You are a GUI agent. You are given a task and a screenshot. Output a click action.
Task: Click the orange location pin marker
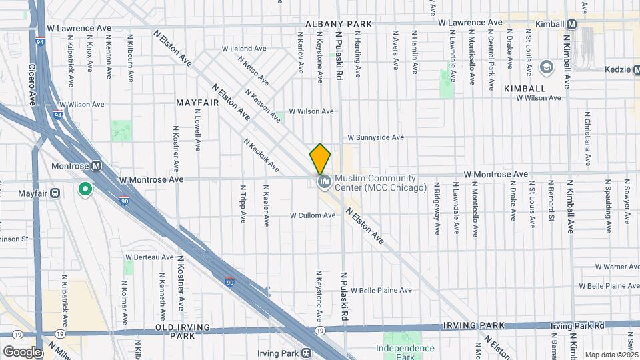point(320,159)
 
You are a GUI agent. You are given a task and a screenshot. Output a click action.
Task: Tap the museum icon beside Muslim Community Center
point(323,181)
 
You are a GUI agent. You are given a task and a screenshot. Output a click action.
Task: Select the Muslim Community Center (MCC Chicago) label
point(380,183)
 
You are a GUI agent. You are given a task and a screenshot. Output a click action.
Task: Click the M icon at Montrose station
point(96,165)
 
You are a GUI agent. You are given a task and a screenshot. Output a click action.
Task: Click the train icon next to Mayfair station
point(55,193)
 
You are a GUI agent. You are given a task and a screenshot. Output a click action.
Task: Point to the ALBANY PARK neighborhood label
point(338,24)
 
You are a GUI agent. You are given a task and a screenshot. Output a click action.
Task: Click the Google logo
point(22,351)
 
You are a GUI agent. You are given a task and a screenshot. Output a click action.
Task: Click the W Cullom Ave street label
point(312,215)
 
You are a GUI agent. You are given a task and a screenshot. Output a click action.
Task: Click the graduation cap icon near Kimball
point(547,67)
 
